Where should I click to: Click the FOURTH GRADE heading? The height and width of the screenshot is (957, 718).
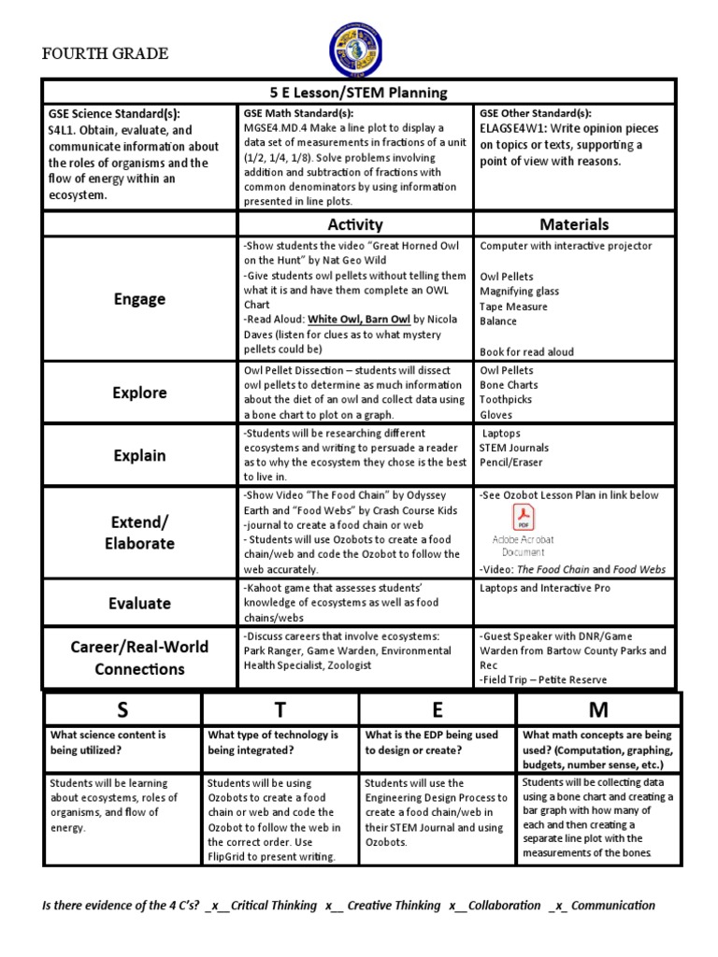pos(106,53)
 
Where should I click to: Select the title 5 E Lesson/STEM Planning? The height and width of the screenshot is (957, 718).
pos(358,93)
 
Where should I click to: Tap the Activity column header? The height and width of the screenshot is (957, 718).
pos(354,224)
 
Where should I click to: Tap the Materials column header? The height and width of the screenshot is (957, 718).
pos(574,224)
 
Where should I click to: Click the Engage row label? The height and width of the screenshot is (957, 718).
pos(139,299)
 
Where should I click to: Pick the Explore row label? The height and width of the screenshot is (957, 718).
pos(139,393)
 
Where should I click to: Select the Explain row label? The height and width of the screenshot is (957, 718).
pos(139,456)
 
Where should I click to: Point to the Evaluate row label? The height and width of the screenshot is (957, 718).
pos(139,603)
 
